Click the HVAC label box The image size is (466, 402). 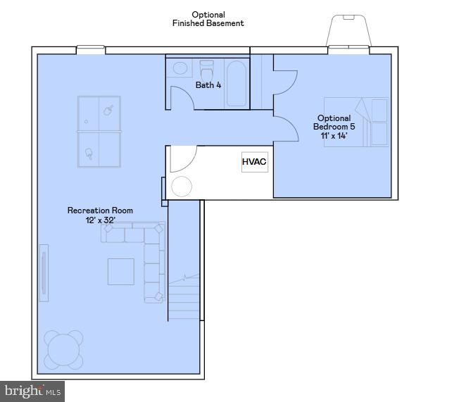254,162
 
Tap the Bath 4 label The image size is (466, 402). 208,85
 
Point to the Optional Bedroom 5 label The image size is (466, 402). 334,127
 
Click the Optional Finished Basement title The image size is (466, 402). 208,19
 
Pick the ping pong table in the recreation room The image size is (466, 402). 99,132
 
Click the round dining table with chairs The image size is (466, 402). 64,350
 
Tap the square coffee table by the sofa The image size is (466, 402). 121,272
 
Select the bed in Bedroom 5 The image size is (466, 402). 356,122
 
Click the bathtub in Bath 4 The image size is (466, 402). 237,83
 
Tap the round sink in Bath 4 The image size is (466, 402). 180,68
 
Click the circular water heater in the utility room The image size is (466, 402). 182,187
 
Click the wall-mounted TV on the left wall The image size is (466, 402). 44,272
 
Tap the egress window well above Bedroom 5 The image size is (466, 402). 349,32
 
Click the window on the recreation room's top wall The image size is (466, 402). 91,49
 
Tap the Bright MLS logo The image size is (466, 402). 33,391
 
